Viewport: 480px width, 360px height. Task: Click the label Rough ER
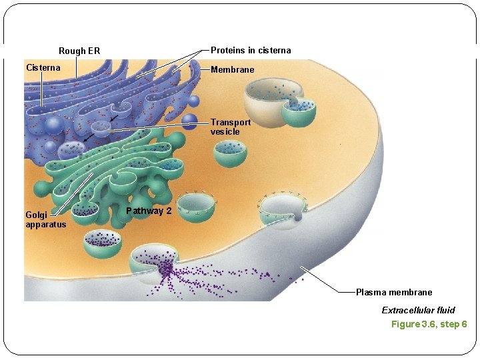click(x=79, y=51)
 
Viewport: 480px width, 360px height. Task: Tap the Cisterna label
click(x=43, y=67)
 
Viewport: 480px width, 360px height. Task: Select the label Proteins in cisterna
click(x=251, y=51)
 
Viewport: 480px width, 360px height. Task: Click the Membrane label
click(x=232, y=69)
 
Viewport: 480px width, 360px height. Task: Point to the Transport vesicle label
click(x=231, y=127)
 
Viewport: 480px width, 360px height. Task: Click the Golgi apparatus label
click(x=45, y=219)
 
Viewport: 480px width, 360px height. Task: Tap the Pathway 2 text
click(x=149, y=211)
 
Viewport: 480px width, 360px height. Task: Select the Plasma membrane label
click(x=393, y=292)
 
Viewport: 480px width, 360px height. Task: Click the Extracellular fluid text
click(x=418, y=310)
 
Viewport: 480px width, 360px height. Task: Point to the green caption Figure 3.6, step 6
click(x=429, y=324)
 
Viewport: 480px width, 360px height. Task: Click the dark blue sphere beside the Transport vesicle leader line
click(x=191, y=121)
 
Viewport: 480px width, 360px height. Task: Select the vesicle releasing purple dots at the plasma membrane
click(x=155, y=263)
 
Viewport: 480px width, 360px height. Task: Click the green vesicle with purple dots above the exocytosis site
click(x=102, y=243)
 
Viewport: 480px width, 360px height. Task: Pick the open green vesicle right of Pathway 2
click(x=197, y=206)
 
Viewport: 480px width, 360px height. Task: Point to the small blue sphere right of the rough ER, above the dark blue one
click(x=193, y=101)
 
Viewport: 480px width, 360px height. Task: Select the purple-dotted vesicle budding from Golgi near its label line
click(x=85, y=210)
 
